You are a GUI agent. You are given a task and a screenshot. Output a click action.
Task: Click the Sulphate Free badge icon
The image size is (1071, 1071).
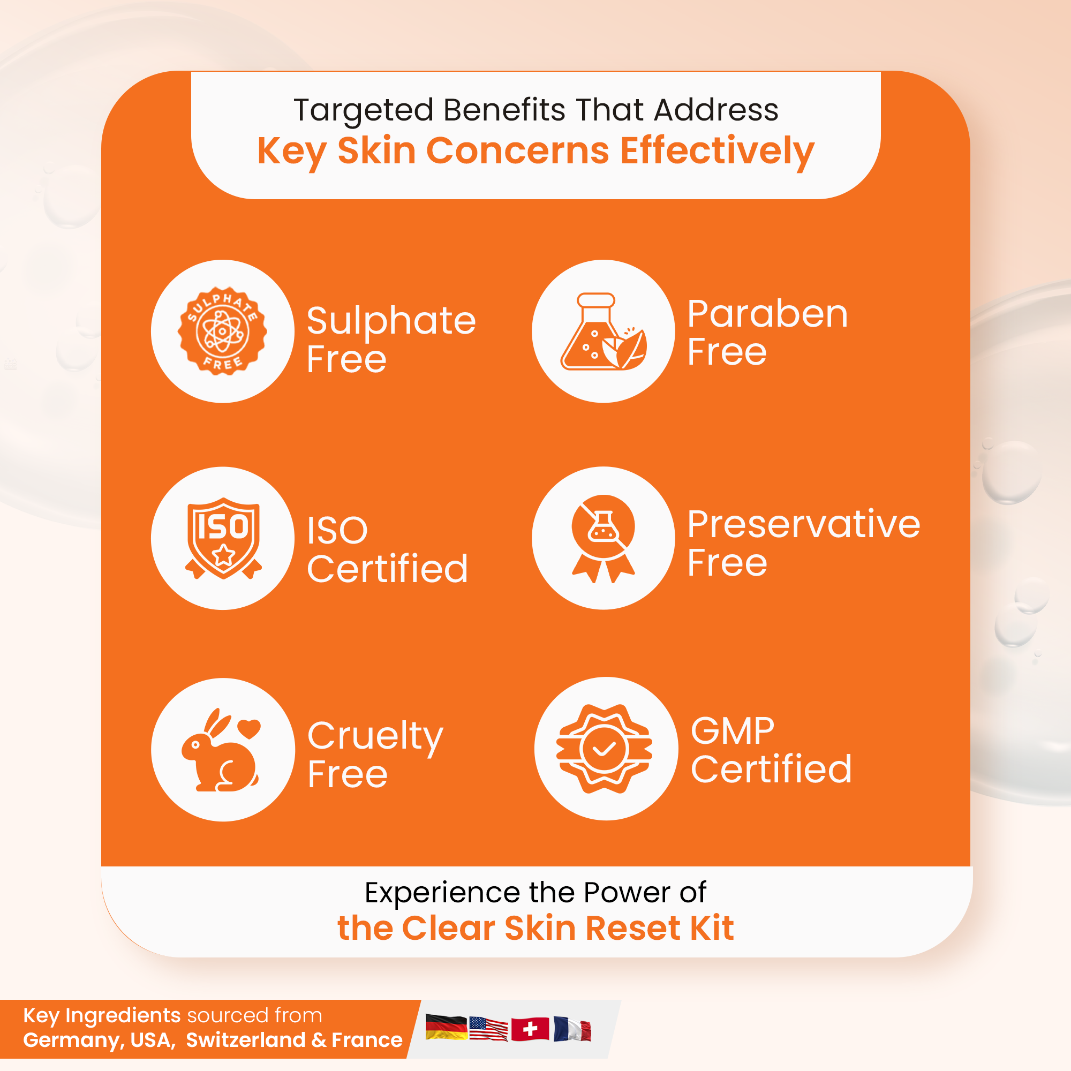tap(222, 331)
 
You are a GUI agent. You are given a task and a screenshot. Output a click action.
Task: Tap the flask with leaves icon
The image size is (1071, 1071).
tap(604, 331)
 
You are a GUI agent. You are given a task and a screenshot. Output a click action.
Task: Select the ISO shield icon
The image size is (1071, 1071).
tap(223, 538)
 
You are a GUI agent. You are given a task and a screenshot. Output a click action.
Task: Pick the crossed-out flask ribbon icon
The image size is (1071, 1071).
tap(603, 538)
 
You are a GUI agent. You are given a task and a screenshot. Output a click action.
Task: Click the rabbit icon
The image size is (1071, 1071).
tap(221, 750)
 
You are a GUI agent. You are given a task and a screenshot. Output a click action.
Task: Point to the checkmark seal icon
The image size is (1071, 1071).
tap(604, 749)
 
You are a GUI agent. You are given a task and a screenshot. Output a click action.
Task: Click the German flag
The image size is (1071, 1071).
tap(446, 1027)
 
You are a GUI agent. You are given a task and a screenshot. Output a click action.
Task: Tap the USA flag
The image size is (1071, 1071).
tap(488, 1029)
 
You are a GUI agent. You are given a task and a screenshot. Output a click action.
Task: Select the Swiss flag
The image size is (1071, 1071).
tap(530, 1029)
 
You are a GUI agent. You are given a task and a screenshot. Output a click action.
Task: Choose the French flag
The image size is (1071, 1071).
tap(572, 1029)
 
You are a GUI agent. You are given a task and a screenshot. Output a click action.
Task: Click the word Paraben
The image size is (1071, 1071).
tap(768, 314)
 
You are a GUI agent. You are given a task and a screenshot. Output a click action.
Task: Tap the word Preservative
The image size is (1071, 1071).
tap(804, 524)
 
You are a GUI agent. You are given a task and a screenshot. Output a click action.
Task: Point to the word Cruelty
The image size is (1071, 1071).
tap(375, 737)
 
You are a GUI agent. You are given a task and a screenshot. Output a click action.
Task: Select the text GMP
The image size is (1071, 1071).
tap(732, 730)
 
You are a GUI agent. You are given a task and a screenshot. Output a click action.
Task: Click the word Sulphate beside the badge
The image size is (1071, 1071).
tap(391, 321)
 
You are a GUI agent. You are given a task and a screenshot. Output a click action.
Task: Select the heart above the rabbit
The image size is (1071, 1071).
tap(249, 728)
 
